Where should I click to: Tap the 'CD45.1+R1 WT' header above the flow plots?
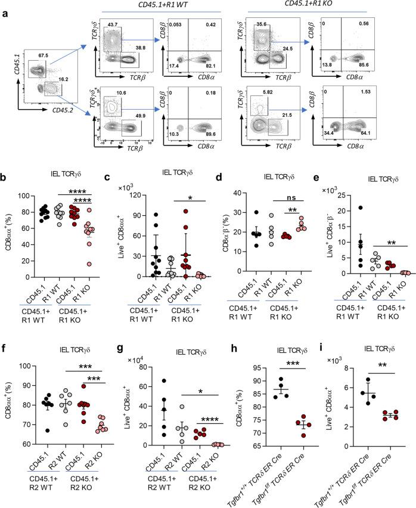[x=162, y=5]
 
